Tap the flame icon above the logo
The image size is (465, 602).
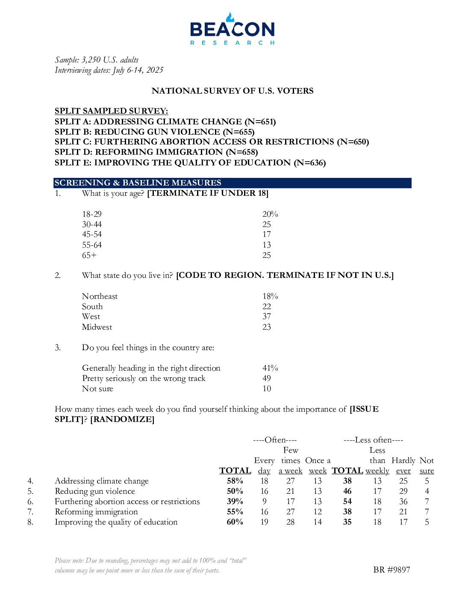click(x=230, y=17)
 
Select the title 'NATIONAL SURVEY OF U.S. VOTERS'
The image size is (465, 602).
click(x=232, y=91)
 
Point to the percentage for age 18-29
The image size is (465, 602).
click(x=270, y=214)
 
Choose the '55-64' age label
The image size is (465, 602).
click(x=92, y=245)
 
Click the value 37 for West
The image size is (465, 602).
click(x=267, y=316)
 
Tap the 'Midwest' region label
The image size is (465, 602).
click(x=97, y=327)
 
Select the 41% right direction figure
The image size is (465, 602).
click(x=270, y=368)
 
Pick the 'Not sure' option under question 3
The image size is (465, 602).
click(x=97, y=389)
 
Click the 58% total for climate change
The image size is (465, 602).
click(x=235, y=481)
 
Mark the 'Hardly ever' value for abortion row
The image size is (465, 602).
click(x=403, y=502)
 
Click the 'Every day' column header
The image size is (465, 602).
click(x=264, y=466)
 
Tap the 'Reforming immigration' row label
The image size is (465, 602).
click(x=96, y=512)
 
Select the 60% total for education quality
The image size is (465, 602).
click(x=235, y=522)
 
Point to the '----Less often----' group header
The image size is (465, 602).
click(x=373, y=440)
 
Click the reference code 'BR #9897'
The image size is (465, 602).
click(x=391, y=570)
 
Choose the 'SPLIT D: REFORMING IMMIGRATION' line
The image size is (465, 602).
click(x=156, y=152)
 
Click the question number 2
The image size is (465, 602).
click(x=58, y=275)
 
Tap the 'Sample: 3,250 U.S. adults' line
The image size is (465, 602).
click(x=97, y=60)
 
